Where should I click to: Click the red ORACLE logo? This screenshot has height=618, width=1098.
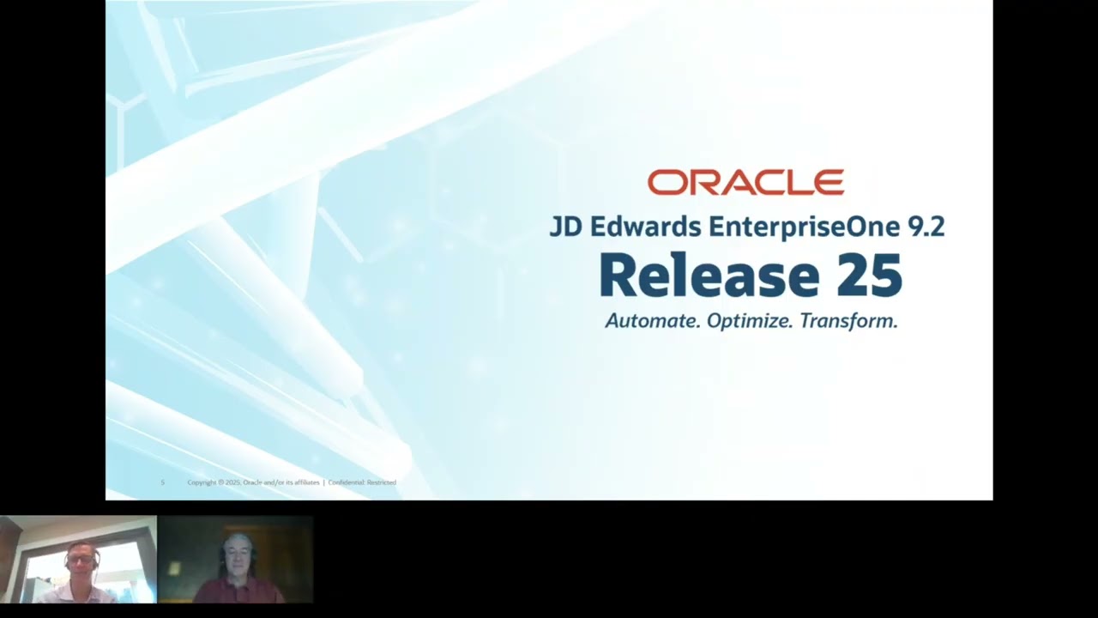[745, 182]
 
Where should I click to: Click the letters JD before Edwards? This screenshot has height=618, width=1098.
[564, 227]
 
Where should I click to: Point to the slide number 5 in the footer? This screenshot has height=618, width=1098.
[162, 482]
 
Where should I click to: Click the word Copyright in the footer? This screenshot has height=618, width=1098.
[202, 482]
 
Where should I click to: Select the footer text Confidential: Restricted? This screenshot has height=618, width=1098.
[362, 482]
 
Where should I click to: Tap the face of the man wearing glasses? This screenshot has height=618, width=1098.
[80, 562]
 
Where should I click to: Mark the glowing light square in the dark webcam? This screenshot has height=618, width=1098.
[175, 569]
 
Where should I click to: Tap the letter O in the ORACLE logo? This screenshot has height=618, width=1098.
[663, 182]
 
